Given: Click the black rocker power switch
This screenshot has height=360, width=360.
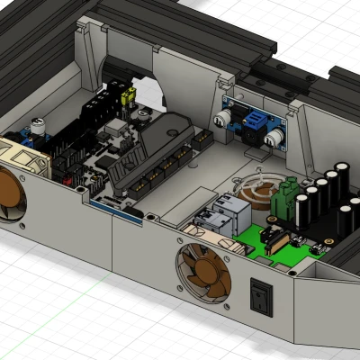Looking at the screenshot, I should pos(261,298).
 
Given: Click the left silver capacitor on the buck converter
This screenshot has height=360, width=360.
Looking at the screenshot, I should pos(220,121).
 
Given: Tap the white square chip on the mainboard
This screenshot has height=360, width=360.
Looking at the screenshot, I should pos(116,132).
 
